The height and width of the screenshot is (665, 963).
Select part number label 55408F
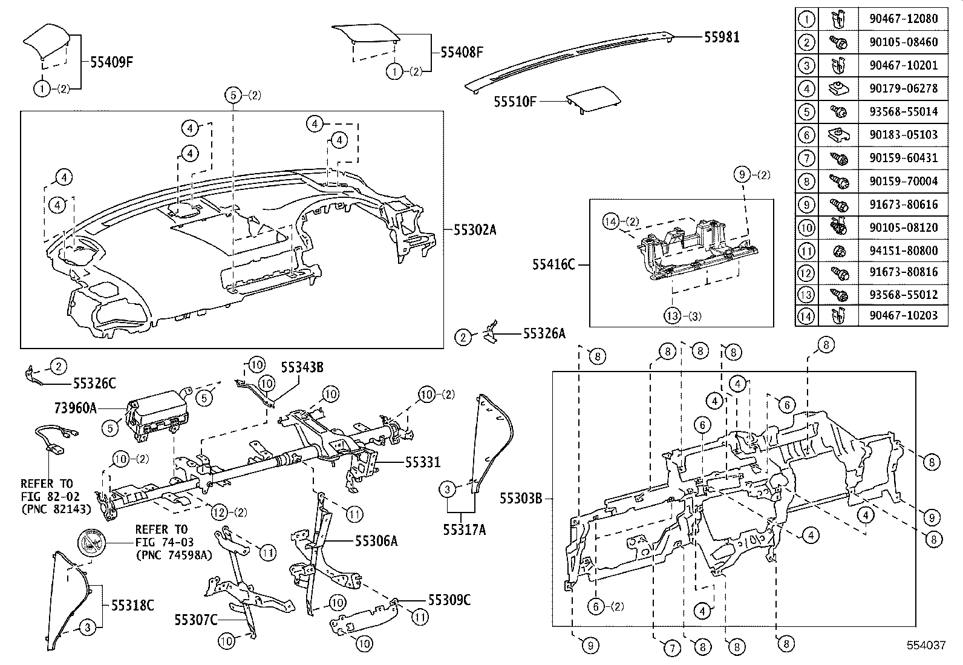462,52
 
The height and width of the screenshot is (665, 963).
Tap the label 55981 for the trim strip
722,38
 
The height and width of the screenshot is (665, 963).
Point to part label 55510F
515,102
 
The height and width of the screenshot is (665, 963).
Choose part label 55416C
553,264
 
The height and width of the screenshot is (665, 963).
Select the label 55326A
544,333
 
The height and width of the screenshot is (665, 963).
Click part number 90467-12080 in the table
904,19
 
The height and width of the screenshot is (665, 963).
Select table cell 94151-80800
904,250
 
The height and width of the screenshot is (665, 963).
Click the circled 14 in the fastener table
807,315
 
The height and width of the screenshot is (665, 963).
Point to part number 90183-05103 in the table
904,134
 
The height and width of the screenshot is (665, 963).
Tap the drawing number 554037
925,646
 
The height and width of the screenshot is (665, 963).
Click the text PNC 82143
56,509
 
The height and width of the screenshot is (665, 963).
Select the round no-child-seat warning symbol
91,542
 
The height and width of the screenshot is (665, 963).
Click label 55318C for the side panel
132,605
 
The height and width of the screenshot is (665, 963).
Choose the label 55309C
449,600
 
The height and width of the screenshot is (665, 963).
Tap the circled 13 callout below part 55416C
673,315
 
